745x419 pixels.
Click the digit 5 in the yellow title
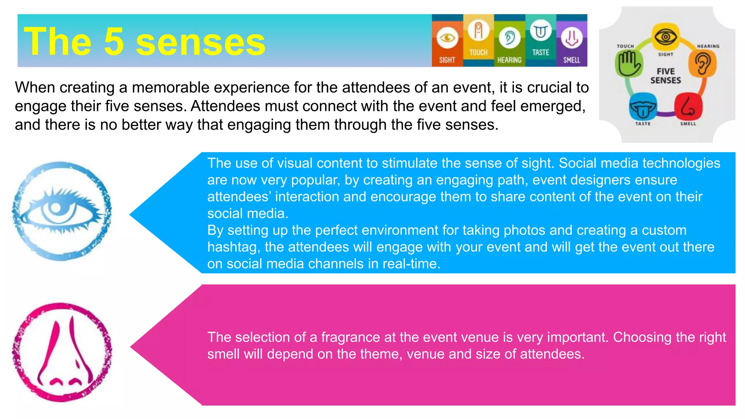pyautogui.click(x=114, y=42)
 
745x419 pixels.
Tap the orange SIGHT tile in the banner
pyautogui.click(x=447, y=45)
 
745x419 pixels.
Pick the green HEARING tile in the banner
pyautogui.click(x=509, y=45)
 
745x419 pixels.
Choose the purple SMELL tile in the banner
pyautogui.click(x=571, y=45)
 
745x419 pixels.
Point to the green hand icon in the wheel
pyautogui.click(x=628, y=63)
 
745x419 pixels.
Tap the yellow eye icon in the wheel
pyautogui.click(x=665, y=37)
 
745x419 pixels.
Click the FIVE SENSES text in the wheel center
pyautogui.click(x=665, y=76)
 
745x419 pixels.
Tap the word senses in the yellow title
pyautogui.click(x=200, y=42)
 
